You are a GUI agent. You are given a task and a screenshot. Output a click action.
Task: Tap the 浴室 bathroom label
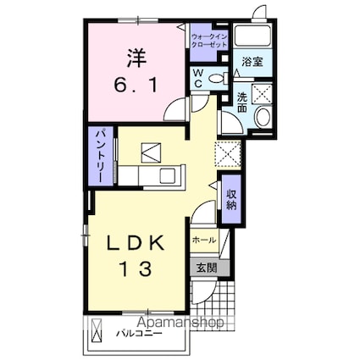tap(251, 62)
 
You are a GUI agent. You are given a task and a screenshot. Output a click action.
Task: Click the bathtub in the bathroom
tap(251, 36)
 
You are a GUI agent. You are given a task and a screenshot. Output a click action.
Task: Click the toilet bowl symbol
tap(215, 78)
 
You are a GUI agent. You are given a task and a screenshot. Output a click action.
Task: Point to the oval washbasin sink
tap(261, 119)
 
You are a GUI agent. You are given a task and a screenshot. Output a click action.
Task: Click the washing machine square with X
tap(262, 93)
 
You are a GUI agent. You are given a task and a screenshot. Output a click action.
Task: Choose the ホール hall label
tap(204, 241)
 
